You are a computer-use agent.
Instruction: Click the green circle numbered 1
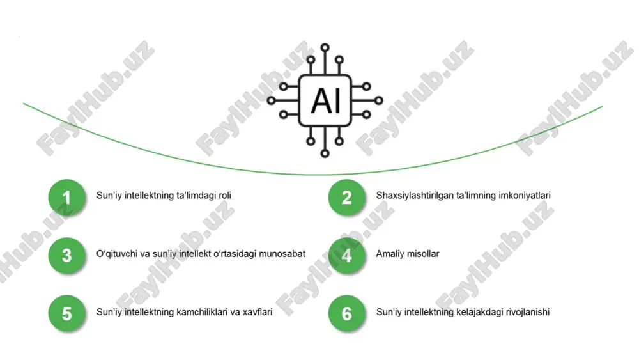[x=67, y=198]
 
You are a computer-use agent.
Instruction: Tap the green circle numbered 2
[x=347, y=198]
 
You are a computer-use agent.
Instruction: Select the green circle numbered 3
[x=67, y=256]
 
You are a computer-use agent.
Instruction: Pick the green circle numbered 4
[x=347, y=256]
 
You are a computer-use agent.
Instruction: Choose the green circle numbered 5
[x=67, y=313]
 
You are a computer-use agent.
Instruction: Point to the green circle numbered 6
[x=347, y=313]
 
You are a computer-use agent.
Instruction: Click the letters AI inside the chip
[x=325, y=101]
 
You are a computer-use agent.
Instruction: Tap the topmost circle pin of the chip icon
[x=325, y=48]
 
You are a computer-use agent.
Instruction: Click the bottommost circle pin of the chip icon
[x=325, y=153]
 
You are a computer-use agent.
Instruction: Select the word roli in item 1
[x=225, y=195]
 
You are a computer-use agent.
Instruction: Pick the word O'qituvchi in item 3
[x=117, y=254]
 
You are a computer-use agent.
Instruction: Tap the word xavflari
[x=258, y=312]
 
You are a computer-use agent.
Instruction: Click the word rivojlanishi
[x=528, y=312]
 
